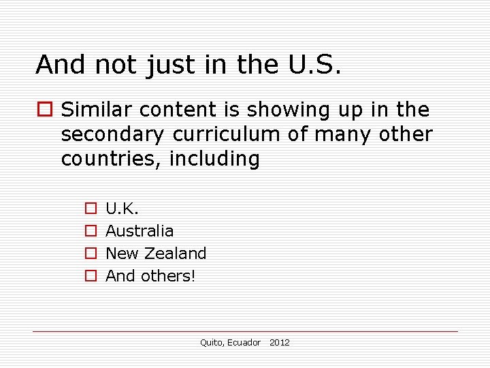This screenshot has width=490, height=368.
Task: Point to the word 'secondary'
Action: click(113, 134)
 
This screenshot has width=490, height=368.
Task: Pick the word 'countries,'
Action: click(113, 159)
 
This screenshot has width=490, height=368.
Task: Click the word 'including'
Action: click(215, 159)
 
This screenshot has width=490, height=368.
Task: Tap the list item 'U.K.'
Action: click(122, 208)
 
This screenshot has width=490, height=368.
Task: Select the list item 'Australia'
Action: click(140, 230)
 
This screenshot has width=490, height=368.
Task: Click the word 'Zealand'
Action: click(175, 253)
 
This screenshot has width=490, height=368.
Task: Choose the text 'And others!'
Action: click(150, 275)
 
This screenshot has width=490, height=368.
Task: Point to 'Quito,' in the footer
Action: click(211, 342)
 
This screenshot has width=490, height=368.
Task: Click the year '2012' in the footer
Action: click(279, 342)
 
